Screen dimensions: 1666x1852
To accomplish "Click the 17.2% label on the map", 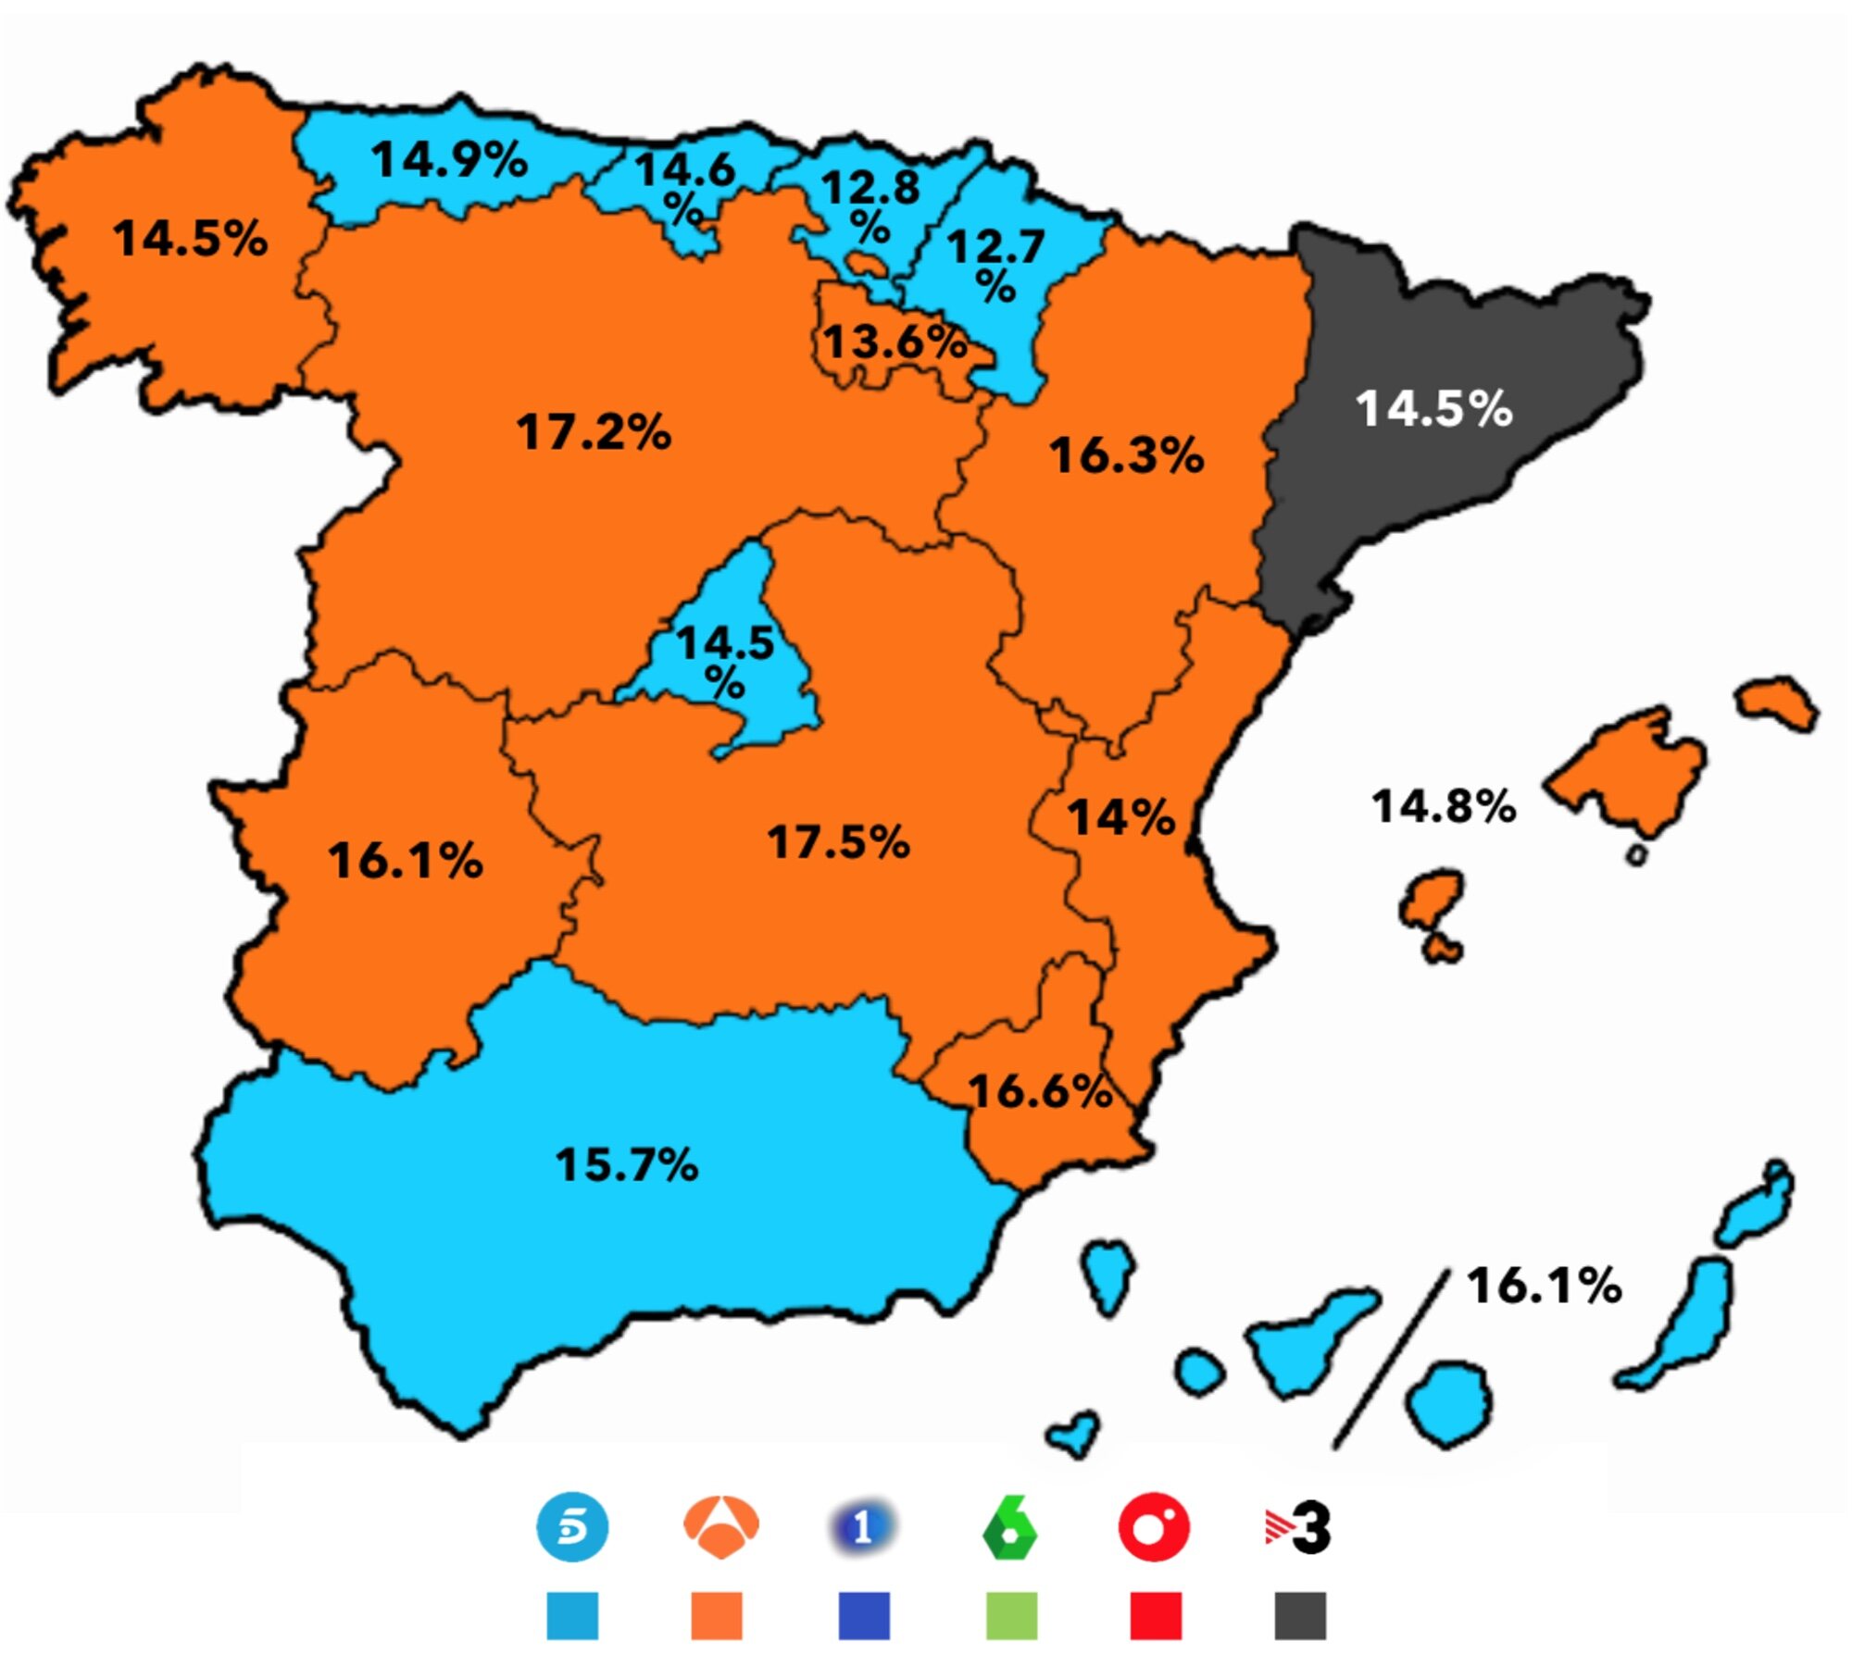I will click(x=594, y=432).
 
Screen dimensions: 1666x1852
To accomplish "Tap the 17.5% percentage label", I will click(x=838, y=842).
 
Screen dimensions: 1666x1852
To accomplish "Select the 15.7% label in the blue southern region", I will click(x=626, y=1164).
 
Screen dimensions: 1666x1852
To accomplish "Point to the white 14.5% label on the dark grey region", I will click(x=1433, y=408).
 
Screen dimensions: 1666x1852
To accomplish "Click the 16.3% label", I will click(x=1126, y=455).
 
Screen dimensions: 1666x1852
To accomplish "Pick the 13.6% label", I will click(x=895, y=342).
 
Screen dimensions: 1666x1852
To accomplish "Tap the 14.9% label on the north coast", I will click(x=449, y=159).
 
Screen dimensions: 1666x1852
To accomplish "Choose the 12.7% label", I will click(x=995, y=264).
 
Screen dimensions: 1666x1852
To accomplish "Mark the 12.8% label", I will click(x=870, y=205).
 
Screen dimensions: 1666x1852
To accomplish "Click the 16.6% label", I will click(x=1039, y=1091).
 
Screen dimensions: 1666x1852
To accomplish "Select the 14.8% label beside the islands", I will click(x=1443, y=806).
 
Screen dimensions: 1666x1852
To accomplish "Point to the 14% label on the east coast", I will click(x=1120, y=817).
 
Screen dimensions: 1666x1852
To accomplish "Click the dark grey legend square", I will click(x=1299, y=1615).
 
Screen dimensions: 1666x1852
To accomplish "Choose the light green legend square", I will click(x=1011, y=1615).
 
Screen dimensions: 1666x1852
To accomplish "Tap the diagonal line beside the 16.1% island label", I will click(x=1389, y=1358).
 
